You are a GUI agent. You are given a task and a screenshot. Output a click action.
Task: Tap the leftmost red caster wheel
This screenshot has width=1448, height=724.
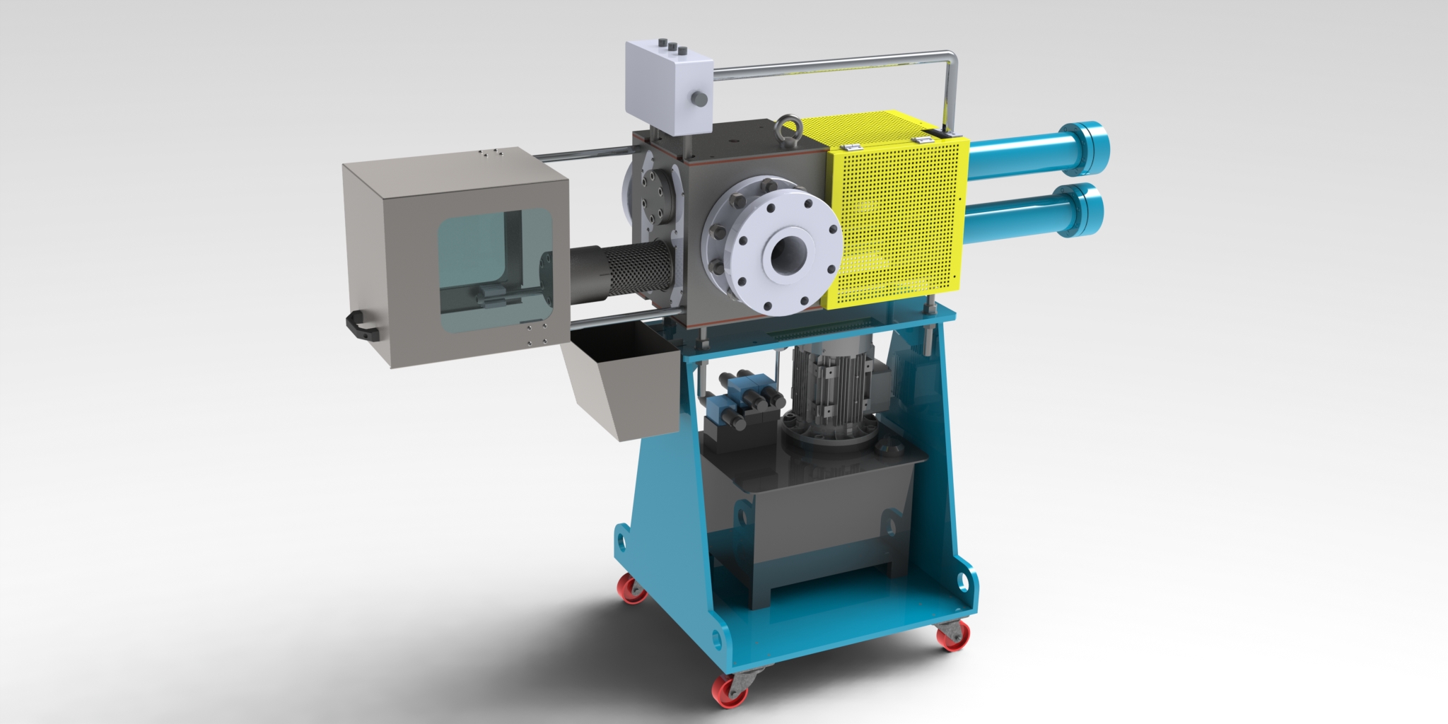point(631,589)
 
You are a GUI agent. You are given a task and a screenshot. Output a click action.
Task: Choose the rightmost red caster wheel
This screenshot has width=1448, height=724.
point(950,636)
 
